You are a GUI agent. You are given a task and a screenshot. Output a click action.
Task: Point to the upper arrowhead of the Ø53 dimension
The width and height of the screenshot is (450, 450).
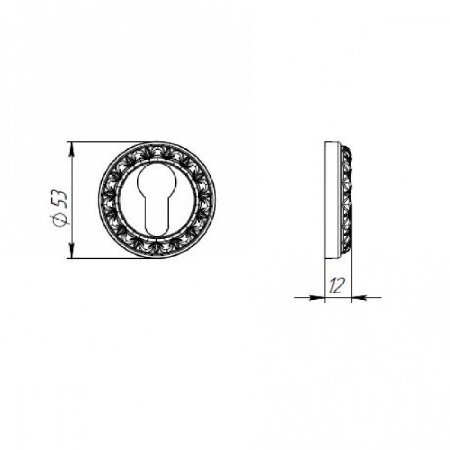[72, 149]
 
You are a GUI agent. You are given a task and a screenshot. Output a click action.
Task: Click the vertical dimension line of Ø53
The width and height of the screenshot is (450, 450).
[72, 200]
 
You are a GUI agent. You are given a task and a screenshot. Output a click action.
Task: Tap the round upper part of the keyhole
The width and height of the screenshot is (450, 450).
[156, 180]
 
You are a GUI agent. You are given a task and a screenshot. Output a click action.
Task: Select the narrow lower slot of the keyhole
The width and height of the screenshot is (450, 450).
[156, 218]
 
